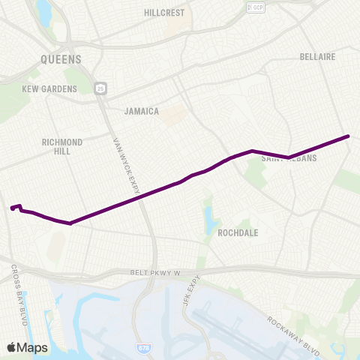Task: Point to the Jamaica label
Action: coord(142,111)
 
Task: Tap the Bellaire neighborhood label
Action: coord(316,56)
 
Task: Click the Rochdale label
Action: coord(238,232)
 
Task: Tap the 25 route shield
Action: coord(100,88)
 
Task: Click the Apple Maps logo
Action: coord(27,347)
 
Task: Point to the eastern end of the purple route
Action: coord(349,136)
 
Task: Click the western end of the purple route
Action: coord(11,208)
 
